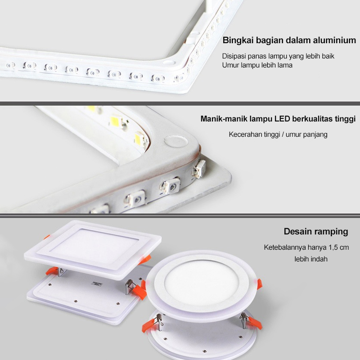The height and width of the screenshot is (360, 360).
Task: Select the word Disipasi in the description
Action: click(234, 56)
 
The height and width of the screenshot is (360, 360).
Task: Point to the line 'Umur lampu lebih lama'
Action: click(257, 65)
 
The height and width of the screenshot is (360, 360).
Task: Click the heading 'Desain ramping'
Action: click(316, 231)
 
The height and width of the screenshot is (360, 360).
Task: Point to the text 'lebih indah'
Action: click(311, 259)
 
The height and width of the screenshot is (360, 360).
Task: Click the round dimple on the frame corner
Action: click(176, 141)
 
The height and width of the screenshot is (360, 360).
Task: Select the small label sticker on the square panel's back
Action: click(97, 285)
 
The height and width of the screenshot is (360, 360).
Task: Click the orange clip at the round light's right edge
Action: click(260, 284)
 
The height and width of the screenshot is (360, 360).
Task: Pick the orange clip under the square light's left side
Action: click(52, 271)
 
